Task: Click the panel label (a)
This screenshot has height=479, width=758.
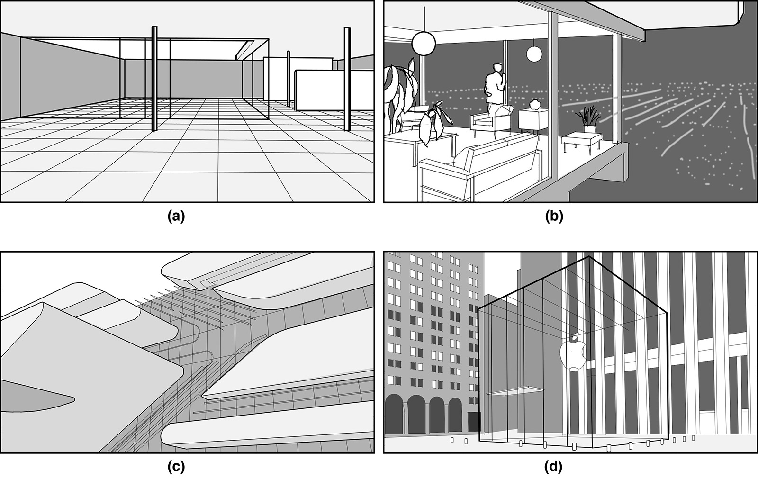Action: pos(176,217)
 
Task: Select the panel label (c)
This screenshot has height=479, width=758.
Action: pos(176,467)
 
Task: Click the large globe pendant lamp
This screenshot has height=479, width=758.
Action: pos(423,43)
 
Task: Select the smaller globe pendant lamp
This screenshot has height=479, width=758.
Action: pos(534,54)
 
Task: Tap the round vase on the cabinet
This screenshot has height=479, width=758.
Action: pos(535,104)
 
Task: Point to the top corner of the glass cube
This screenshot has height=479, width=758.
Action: pos(589,257)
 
